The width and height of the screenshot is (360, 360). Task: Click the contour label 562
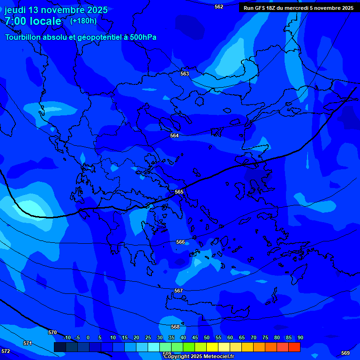tap(219, 7)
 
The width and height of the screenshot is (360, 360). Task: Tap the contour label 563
tap(185, 74)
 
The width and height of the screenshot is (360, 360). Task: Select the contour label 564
tap(174, 135)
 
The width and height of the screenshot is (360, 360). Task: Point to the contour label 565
tap(179, 192)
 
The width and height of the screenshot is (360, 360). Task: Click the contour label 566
tap(180, 242)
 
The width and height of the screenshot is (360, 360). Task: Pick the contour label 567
tap(179, 291)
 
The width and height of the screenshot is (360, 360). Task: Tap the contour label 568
tap(175, 327)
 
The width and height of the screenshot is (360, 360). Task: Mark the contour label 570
tap(52, 332)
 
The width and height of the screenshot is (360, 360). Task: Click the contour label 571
tap(28, 343)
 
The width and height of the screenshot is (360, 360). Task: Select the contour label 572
tap(6, 351)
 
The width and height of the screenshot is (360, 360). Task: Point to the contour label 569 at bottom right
tap(345, 353)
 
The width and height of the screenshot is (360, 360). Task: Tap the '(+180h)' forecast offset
tap(83, 21)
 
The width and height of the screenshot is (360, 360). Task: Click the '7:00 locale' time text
tap(33, 21)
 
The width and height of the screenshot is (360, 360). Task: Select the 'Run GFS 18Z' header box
tap(298, 8)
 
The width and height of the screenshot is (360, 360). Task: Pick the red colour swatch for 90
tap(294, 347)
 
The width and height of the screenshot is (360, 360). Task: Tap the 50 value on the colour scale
tap(207, 337)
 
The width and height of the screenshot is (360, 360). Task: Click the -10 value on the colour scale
tap(67, 337)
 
